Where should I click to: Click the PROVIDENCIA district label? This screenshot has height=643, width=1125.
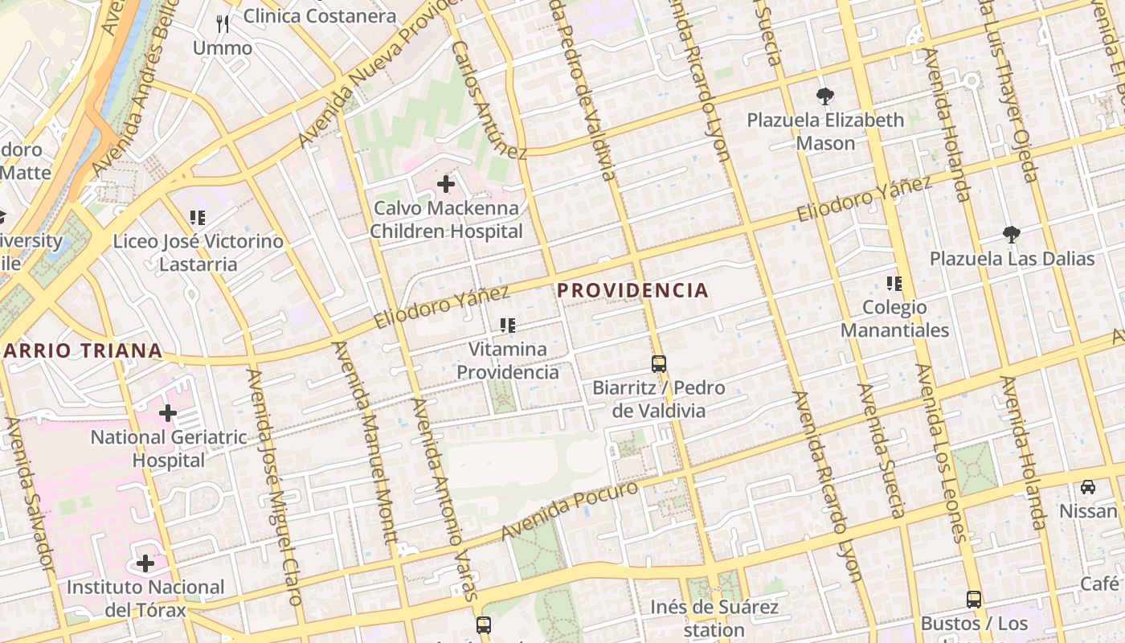633,290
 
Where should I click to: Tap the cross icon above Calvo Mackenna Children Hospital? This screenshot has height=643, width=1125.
446,185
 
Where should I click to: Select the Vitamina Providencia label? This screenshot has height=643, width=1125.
508,361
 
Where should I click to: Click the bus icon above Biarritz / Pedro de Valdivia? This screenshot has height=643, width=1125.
659,364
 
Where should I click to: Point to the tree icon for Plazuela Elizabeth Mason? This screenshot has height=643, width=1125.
824,96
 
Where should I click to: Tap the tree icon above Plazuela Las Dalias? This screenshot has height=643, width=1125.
1012,235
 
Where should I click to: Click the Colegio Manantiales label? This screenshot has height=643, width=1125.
894,318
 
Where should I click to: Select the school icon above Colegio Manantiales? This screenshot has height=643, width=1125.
894,284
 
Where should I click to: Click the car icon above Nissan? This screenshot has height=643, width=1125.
1087,487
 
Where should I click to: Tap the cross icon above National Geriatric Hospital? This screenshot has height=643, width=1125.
168,414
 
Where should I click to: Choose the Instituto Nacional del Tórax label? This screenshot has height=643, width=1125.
145,599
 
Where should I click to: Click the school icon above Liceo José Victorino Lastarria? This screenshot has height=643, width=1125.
198,217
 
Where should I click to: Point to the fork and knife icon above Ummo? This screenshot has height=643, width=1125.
223,24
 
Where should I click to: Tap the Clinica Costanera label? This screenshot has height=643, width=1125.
319,16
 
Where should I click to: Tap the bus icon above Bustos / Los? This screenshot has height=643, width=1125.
974,599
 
